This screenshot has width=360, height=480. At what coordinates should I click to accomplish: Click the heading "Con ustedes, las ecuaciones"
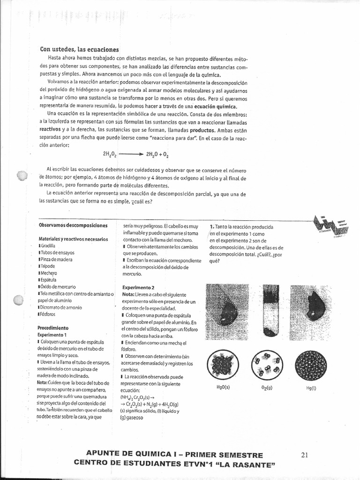click(80, 50)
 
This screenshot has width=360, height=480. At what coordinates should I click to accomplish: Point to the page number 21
click(305, 454)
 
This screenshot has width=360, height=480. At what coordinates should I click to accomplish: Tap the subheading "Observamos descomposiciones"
click(73, 226)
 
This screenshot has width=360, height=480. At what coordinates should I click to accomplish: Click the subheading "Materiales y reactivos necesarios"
click(74, 239)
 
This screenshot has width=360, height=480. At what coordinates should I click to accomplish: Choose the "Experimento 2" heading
click(138, 287)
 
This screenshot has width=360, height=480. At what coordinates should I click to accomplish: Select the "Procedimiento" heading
click(53, 328)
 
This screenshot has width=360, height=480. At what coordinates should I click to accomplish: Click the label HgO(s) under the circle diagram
click(223, 388)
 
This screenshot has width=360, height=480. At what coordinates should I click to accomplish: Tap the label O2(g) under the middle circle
click(267, 388)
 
